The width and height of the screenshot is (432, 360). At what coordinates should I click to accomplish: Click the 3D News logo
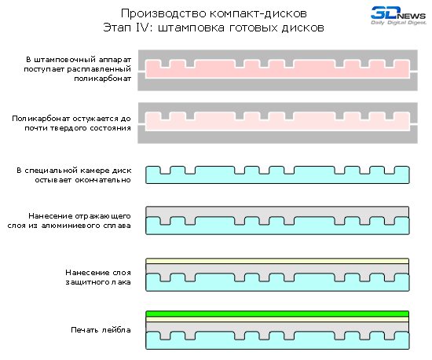pyautogui.click(x=398, y=16)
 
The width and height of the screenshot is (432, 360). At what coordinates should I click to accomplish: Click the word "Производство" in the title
pyautogui.click(x=163, y=13)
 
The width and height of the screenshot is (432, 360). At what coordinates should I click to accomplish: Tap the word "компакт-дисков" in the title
pyautogui.click(x=258, y=13)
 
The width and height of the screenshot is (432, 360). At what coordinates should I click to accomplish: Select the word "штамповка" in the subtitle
pyautogui.click(x=191, y=28)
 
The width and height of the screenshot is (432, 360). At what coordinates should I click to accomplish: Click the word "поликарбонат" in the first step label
pyautogui.click(x=102, y=79)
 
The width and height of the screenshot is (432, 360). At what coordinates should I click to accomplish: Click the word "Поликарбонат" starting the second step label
pyautogui.click(x=41, y=119)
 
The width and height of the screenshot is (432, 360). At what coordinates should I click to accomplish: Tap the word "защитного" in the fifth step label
pyautogui.click(x=84, y=282)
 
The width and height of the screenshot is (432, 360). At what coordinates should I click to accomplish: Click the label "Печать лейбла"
pyautogui.click(x=101, y=329)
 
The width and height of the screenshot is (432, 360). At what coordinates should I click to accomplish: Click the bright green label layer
pyautogui.click(x=277, y=314)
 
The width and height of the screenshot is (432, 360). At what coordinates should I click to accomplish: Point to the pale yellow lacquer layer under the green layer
pyautogui.click(x=277, y=319)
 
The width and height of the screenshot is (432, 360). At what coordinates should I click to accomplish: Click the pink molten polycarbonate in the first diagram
pyautogui.click(x=277, y=72)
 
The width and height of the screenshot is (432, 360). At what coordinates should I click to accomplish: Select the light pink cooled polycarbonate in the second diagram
pyautogui.click(x=277, y=125)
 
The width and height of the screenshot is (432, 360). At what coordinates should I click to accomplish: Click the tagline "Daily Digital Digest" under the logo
pyautogui.click(x=398, y=23)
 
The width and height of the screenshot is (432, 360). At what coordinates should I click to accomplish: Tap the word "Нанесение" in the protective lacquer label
pyautogui.click(x=84, y=273)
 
